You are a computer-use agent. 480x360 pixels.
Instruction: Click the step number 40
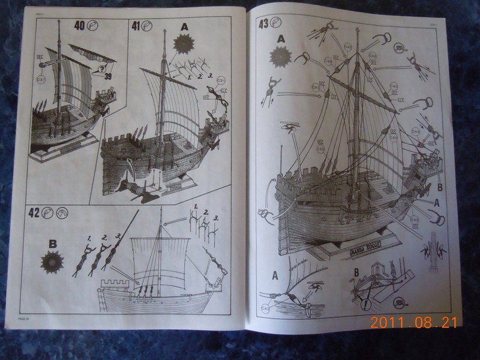78,26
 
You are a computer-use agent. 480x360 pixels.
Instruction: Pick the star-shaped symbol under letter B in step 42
52,261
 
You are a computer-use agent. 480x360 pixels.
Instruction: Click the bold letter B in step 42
52,244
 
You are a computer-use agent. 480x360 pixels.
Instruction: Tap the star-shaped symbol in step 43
280,57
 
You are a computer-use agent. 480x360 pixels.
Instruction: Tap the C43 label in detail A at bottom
265,308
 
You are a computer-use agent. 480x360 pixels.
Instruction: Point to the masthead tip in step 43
358,31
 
